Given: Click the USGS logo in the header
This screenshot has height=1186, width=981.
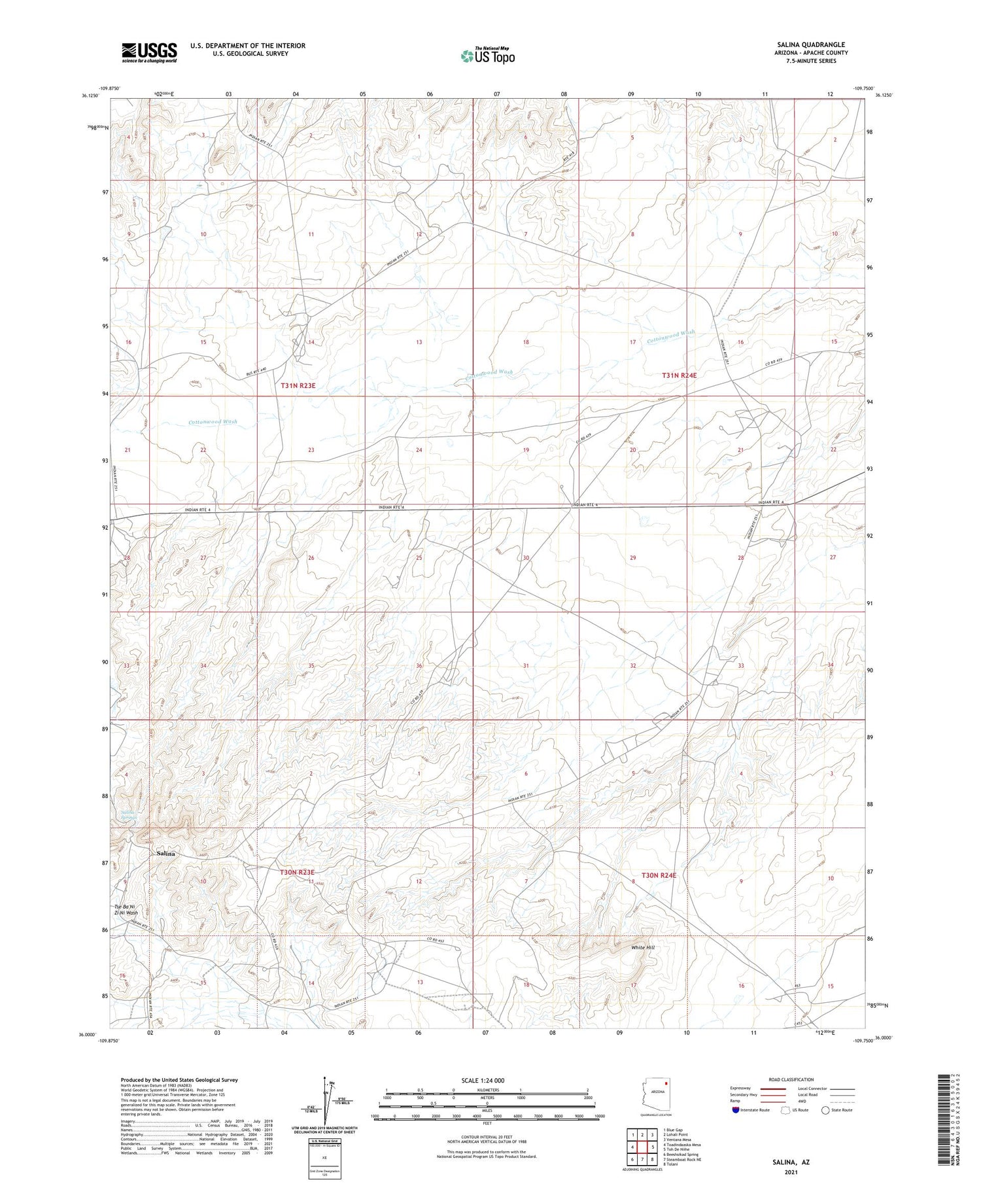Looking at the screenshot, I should (x=149, y=52).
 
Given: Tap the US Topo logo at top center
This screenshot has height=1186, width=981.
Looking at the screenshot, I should (x=488, y=56).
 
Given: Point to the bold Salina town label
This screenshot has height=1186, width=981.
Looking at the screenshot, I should (x=165, y=854).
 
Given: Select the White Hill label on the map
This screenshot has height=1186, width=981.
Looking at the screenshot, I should (x=642, y=947).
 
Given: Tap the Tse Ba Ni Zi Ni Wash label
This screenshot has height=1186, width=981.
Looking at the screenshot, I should (x=126, y=909).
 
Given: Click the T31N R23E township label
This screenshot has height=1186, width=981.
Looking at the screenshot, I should (x=298, y=385).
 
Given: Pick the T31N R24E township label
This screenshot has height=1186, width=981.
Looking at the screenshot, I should (x=679, y=375).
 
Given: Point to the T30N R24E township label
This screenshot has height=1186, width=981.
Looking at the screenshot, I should (x=659, y=875).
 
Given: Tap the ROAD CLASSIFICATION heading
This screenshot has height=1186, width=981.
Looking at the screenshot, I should (x=791, y=1079).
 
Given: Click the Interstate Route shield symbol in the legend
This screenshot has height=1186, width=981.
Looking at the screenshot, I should (x=737, y=1109).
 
